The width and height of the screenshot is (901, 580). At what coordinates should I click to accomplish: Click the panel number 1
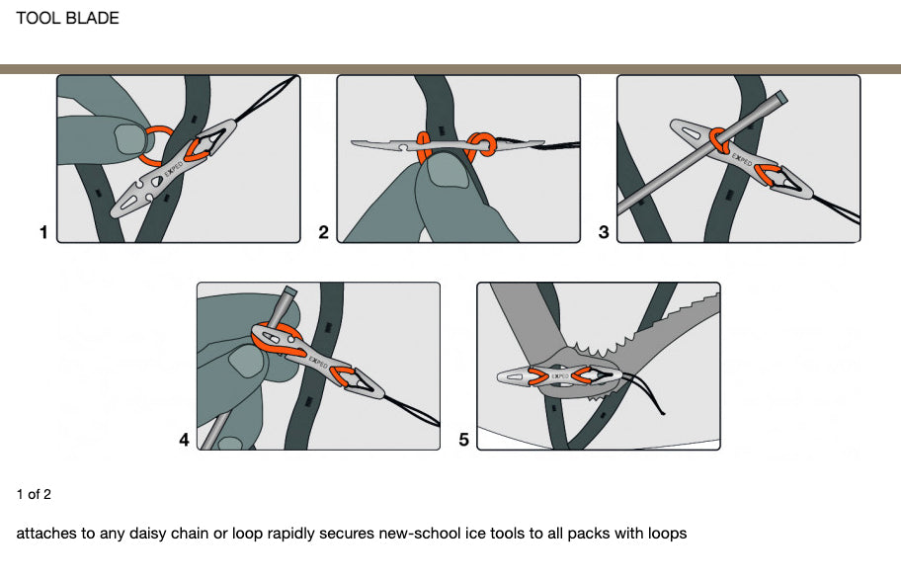pos(42,233)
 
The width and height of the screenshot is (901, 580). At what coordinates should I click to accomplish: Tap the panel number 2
pos(323,233)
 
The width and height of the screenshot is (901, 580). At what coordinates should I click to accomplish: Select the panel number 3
pos(604,233)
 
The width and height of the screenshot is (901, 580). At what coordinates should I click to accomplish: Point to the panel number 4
pos(184,441)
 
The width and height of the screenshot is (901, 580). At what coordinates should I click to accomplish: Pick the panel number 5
pos(464,441)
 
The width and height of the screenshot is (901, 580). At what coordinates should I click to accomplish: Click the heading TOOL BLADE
pos(67,18)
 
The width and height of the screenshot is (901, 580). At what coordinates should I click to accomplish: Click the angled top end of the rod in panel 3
pos(780,98)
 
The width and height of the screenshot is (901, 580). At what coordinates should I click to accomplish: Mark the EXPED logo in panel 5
pos(558,376)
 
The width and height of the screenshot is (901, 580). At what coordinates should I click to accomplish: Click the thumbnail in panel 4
pos(244,363)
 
